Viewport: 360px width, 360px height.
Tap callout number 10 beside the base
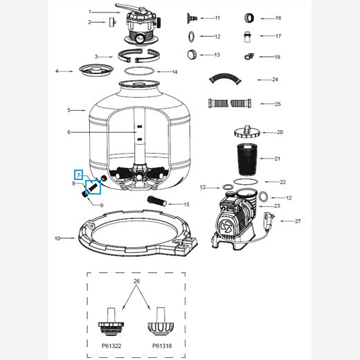tap(57, 238)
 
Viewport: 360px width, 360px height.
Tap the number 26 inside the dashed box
tap(136, 282)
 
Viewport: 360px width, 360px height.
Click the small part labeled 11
tap(191, 17)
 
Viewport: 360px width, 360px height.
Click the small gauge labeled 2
tap(109, 22)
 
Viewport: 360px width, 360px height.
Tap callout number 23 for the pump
tap(277, 206)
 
